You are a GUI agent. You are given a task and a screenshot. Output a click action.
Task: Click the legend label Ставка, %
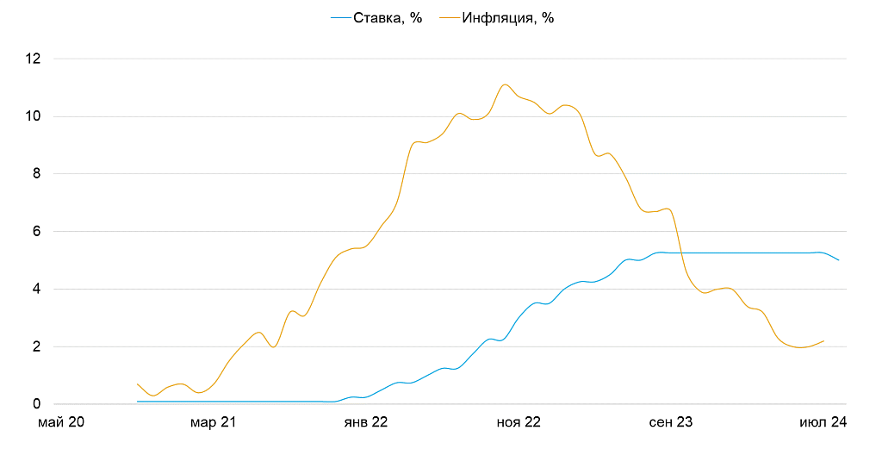(x=388, y=18)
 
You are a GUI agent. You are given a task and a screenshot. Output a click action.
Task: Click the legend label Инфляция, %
(x=507, y=18)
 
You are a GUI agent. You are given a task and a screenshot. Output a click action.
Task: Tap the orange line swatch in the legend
(x=449, y=18)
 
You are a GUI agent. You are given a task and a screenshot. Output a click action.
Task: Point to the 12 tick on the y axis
(x=34, y=59)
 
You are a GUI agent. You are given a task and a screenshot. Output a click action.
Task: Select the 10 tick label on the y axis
(x=34, y=116)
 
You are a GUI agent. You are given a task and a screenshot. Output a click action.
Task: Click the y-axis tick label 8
(x=37, y=174)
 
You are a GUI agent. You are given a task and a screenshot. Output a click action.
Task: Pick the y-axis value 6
(x=37, y=232)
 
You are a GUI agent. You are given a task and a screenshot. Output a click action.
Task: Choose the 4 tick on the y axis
(x=37, y=290)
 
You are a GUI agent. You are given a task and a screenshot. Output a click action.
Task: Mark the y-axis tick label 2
(x=37, y=347)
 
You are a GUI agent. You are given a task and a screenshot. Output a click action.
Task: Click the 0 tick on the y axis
(x=37, y=404)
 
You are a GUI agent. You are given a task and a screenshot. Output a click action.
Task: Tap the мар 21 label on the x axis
(x=214, y=423)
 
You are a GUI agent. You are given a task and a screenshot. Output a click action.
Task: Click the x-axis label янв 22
(x=366, y=423)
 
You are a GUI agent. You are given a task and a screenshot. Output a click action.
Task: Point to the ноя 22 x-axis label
(x=519, y=423)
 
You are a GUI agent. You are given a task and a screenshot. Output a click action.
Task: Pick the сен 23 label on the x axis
(x=672, y=423)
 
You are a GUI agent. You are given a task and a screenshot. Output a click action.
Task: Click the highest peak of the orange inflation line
(x=505, y=84)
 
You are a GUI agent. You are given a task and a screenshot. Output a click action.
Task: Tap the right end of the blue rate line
(x=839, y=260)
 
